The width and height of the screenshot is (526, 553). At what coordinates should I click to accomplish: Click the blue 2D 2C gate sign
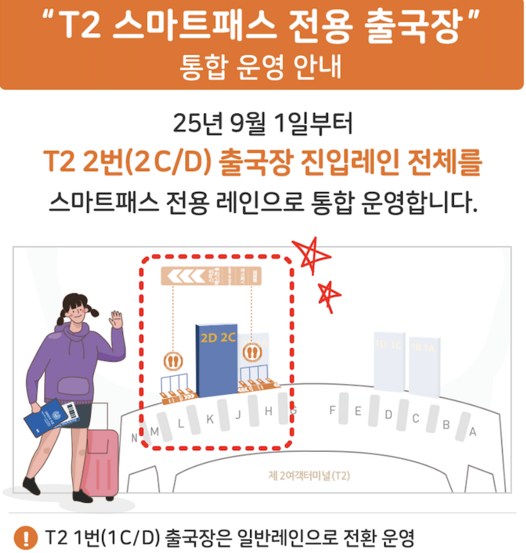[217, 360]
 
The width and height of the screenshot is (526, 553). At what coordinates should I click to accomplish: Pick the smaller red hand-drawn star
[329, 295]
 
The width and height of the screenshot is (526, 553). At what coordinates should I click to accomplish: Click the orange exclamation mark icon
[25, 537]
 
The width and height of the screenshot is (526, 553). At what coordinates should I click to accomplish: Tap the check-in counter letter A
[473, 432]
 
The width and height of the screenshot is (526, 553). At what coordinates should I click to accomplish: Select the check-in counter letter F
[332, 410]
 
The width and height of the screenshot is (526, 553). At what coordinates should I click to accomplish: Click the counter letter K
[210, 419]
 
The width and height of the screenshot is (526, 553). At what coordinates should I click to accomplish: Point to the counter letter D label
[388, 415]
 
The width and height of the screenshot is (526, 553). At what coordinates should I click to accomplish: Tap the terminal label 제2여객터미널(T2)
[309, 476]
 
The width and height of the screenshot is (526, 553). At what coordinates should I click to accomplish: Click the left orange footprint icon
[173, 361]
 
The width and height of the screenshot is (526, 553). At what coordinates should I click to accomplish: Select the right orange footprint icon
[252, 352]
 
